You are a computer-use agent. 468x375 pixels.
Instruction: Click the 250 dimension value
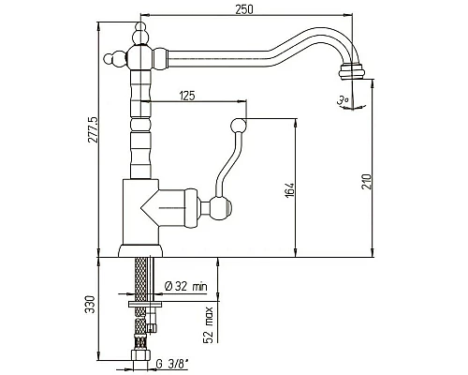pos(244,9)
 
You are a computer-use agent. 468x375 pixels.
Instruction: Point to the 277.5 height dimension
pos(93,129)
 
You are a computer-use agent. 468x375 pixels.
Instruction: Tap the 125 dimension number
pos(187,96)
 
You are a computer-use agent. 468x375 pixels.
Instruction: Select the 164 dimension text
pos(289,190)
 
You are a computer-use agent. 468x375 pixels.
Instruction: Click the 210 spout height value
pos(366,182)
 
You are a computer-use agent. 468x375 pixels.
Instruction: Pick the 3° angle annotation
pos(343,100)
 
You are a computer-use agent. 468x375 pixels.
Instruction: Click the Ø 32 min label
pos(185,286)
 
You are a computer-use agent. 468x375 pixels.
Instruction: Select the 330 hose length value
pos(89,304)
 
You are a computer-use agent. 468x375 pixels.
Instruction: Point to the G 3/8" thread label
pos(172,364)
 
